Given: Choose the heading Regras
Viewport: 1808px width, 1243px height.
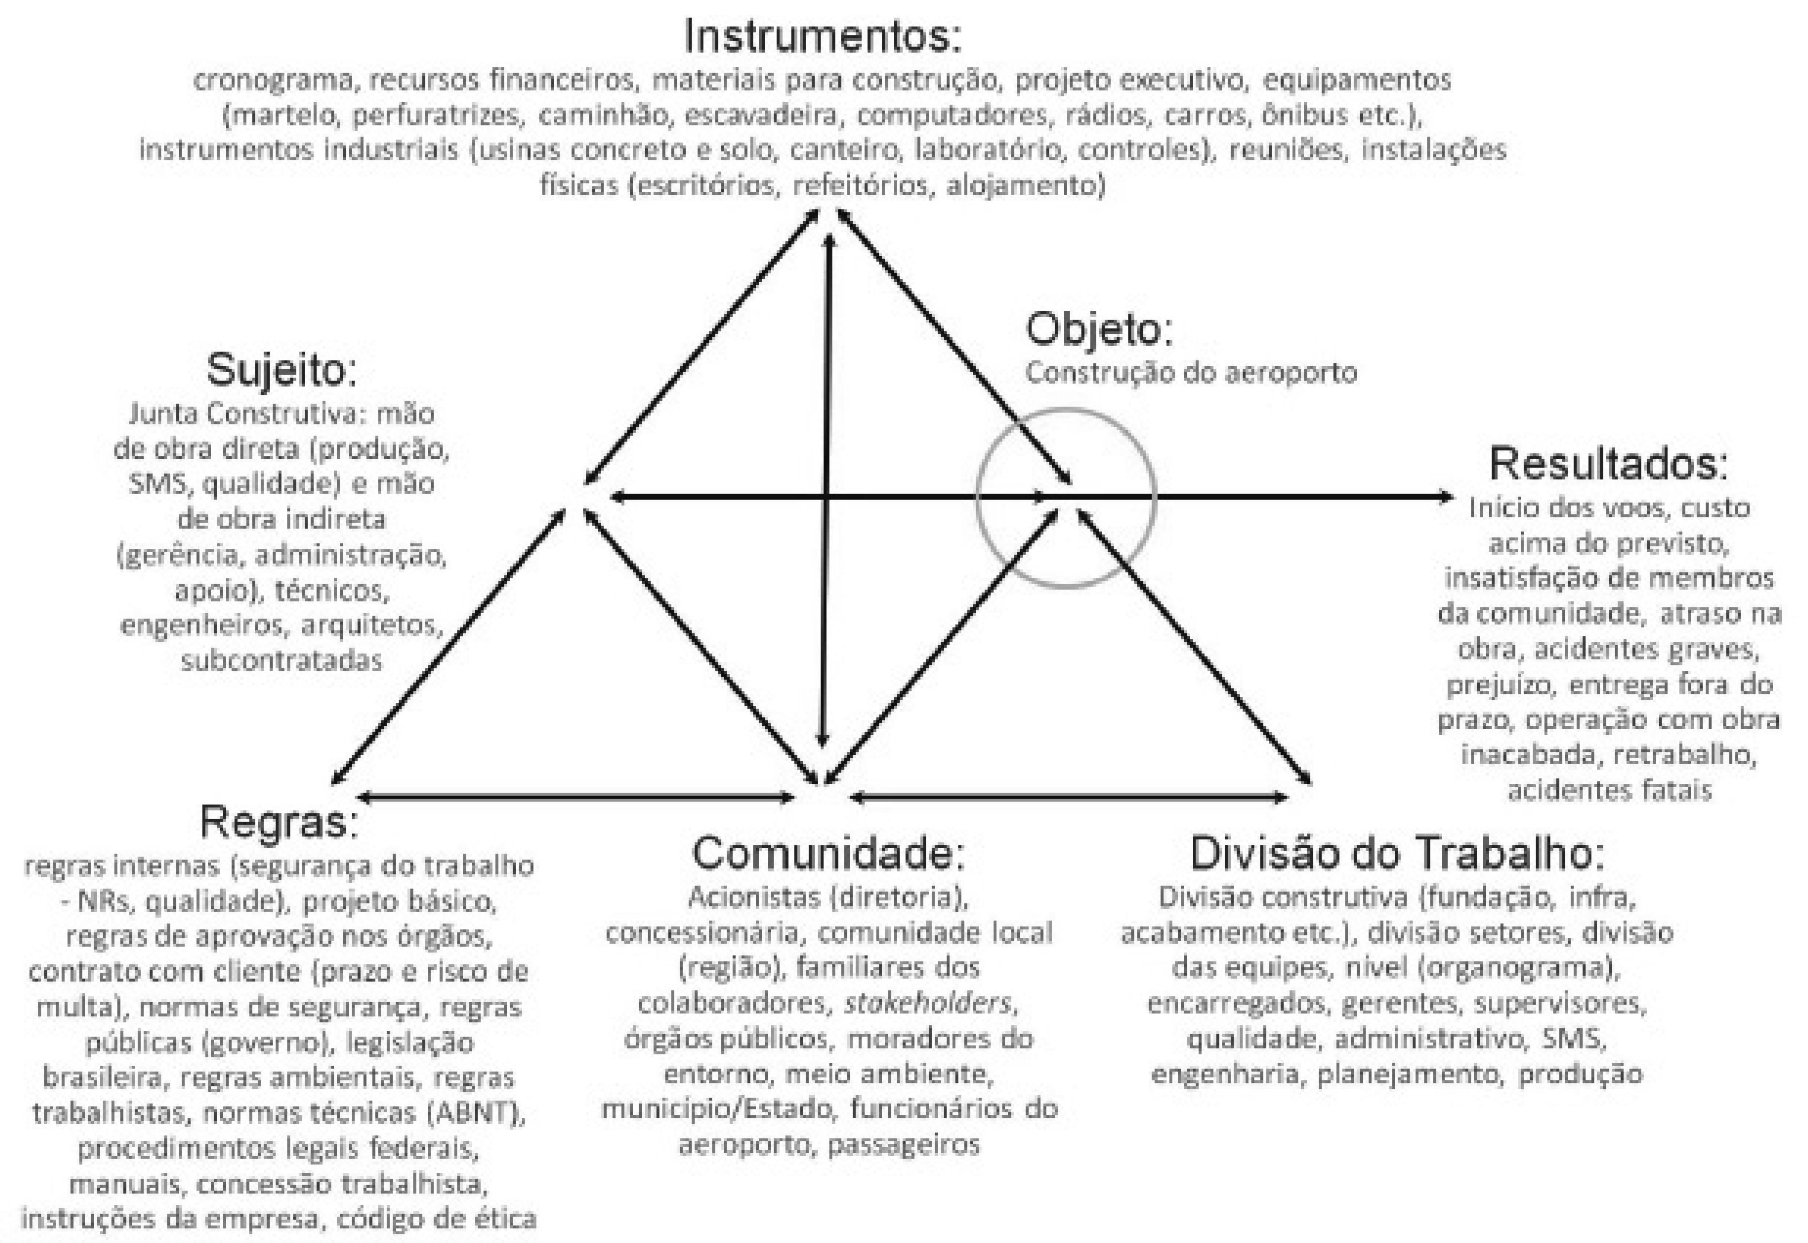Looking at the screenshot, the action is pyautogui.click(x=278, y=822).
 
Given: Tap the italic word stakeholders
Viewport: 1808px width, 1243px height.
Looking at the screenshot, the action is pyautogui.click(x=927, y=1003).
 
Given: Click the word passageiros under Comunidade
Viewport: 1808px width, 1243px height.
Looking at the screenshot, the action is pyautogui.click(x=904, y=1145).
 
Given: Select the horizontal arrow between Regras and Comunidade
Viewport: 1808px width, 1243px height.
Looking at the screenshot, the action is pyautogui.click(x=577, y=797).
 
